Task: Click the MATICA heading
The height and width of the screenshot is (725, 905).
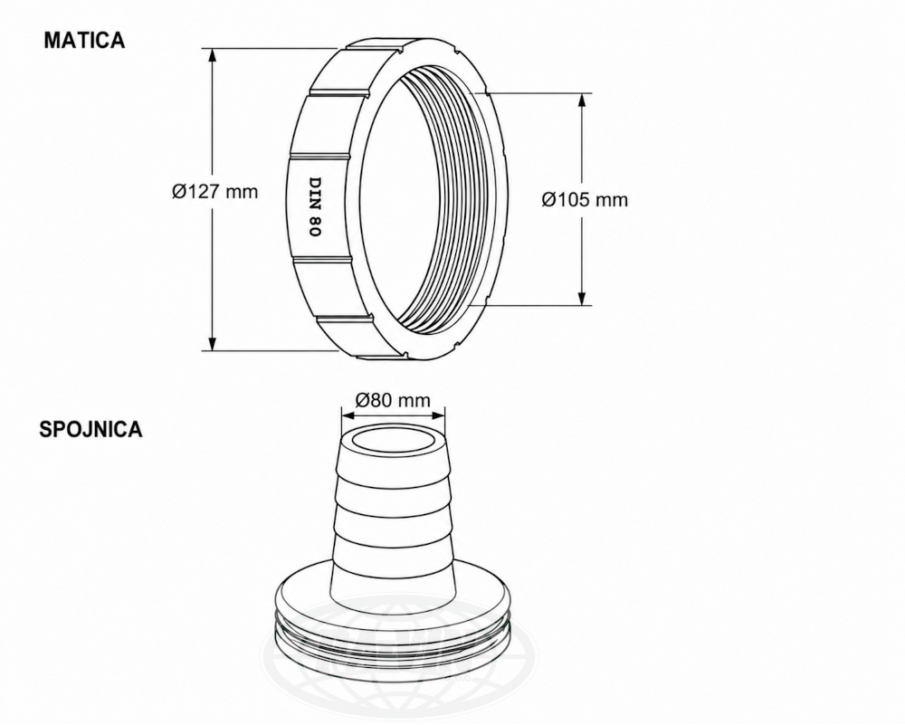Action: [x=84, y=40]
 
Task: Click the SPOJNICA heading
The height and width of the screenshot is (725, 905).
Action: [x=90, y=429]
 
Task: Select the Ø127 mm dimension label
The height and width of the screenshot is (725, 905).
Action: [x=214, y=191]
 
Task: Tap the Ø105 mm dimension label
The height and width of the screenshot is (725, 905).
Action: [x=584, y=200]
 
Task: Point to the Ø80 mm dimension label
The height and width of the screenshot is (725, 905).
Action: [x=393, y=399]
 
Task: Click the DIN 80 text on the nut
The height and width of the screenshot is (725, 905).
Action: [x=315, y=206]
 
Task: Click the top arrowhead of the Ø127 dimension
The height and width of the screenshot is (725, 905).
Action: [x=213, y=56]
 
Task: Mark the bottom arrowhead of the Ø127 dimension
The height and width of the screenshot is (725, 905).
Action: [x=213, y=342]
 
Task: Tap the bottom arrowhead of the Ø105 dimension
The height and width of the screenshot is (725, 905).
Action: [x=582, y=297]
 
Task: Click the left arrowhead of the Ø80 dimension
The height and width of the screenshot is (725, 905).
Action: [x=349, y=414]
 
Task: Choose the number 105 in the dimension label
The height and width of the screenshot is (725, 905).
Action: [x=571, y=200]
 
